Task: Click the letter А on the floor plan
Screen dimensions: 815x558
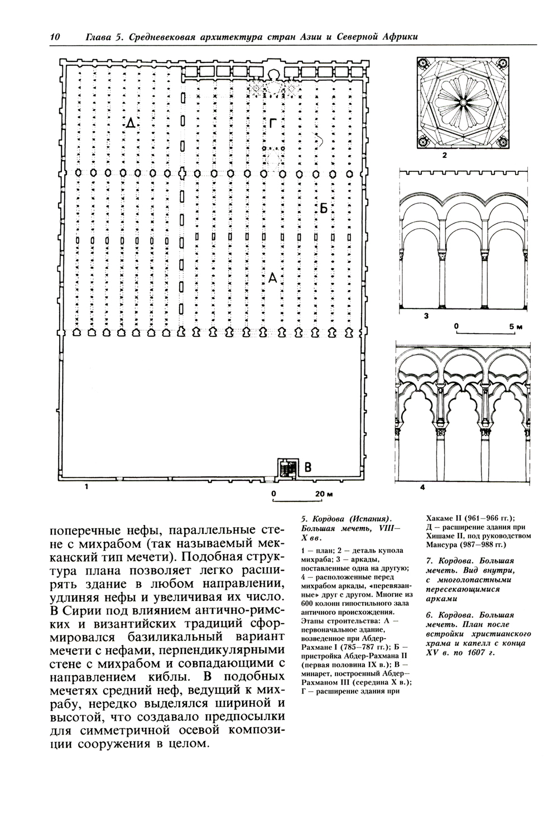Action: click(x=273, y=277)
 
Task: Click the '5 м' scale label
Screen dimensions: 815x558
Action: click(x=516, y=325)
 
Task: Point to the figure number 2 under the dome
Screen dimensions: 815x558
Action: click(x=445, y=156)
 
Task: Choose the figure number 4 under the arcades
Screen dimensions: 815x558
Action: click(x=422, y=487)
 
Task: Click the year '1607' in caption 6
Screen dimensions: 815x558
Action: click(x=478, y=652)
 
